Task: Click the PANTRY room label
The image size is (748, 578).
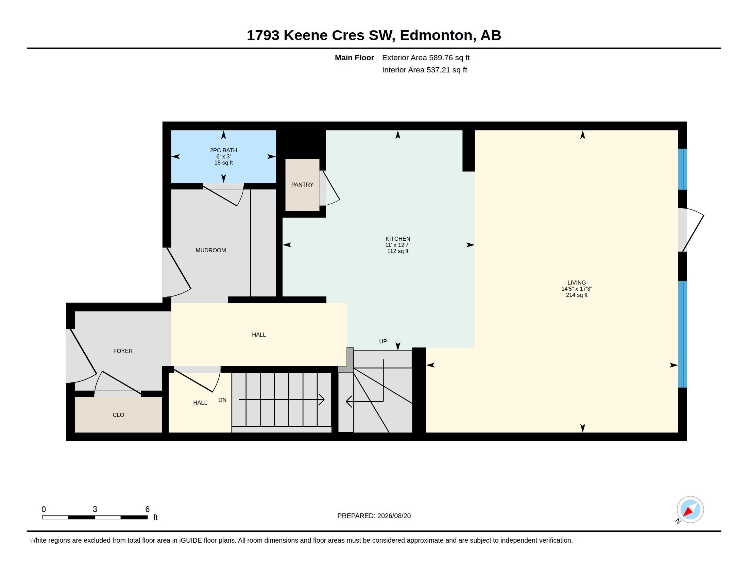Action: [x=302, y=185]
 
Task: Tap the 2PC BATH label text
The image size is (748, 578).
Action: [x=223, y=150]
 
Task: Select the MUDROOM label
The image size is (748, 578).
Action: [x=211, y=250]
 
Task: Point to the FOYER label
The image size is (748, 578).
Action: [x=123, y=351]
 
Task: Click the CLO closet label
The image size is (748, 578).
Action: [x=118, y=415]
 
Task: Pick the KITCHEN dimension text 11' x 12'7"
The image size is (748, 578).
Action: [x=398, y=245]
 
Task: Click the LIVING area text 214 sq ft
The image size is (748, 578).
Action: [x=576, y=295]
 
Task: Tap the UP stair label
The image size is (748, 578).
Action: [x=383, y=341]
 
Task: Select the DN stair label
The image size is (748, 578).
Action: [x=222, y=400]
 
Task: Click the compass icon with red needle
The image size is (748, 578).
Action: [x=690, y=510]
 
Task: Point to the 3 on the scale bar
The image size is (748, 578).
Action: [x=95, y=509]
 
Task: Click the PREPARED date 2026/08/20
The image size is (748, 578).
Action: [x=394, y=516]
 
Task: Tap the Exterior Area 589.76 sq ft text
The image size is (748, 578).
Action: [x=426, y=57]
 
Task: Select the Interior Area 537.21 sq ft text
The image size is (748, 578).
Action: [x=424, y=70]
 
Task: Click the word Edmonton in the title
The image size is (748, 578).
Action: [x=436, y=35]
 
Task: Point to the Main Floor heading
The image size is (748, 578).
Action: [x=354, y=57]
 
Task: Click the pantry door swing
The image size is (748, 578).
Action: [x=329, y=188]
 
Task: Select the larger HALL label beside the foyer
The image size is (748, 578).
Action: [x=259, y=335]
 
